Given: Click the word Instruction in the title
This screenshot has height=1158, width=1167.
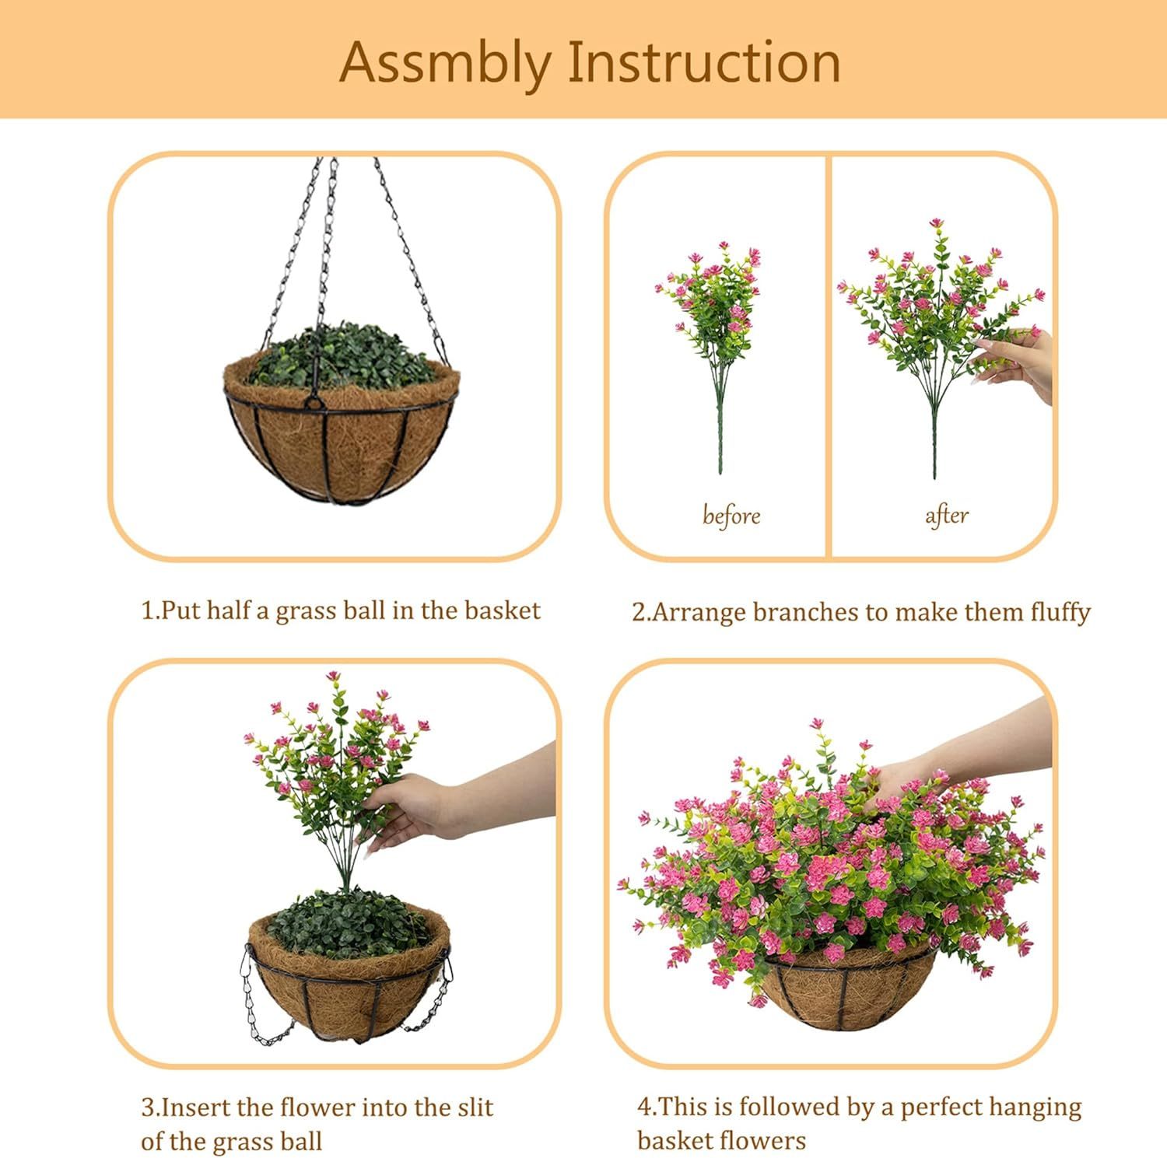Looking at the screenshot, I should tap(704, 62).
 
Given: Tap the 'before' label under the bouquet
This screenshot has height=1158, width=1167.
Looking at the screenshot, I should tap(731, 516).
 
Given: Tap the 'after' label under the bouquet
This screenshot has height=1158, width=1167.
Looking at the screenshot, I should tap(946, 515).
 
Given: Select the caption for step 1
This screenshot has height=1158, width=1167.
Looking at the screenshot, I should tap(340, 610).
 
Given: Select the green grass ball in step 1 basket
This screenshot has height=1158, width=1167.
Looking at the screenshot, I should tap(342, 358).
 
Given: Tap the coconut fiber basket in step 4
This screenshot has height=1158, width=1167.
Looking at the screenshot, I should tap(848, 992).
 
